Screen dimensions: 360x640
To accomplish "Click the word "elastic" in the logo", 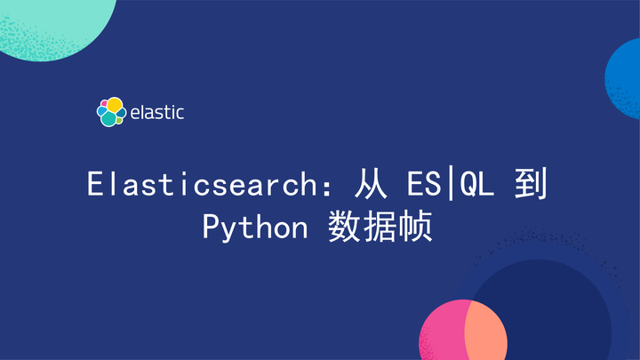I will (x=156, y=112).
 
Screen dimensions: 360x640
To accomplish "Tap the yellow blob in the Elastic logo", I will (x=114, y=104).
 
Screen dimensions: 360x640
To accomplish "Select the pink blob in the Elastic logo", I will (x=102, y=105).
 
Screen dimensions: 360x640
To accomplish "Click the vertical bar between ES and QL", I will (x=452, y=185).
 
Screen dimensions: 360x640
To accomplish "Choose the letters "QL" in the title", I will (x=478, y=185).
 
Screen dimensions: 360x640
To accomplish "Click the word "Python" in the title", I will (x=253, y=227).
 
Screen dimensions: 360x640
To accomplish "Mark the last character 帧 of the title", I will (x=417, y=227).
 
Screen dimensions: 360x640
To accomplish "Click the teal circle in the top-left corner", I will (x=53, y=22).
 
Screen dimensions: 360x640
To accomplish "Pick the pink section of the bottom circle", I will (x=439, y=333).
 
